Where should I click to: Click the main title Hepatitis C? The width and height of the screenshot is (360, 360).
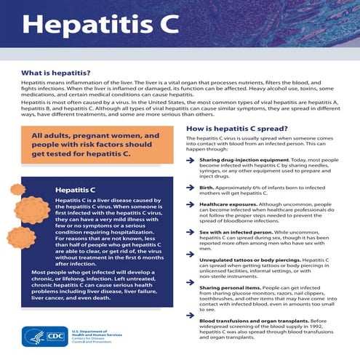coord(100,25)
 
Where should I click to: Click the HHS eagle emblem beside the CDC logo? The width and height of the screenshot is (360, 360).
coord(31,337)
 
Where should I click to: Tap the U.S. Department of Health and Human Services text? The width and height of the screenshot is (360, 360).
coord(97,335)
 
